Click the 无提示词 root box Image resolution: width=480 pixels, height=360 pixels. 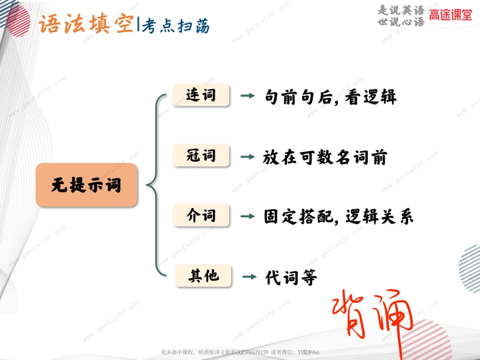86,185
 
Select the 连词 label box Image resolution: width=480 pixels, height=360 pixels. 201,95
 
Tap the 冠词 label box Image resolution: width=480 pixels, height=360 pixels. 201,156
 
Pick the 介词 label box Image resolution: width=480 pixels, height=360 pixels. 201,216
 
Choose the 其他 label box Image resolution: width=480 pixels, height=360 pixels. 203,276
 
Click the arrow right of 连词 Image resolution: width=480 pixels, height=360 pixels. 248,96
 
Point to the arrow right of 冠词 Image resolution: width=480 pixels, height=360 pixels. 248,157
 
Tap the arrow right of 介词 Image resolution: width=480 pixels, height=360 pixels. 248,217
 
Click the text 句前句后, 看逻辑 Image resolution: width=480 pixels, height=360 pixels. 331,96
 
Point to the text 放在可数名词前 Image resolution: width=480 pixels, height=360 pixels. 325,158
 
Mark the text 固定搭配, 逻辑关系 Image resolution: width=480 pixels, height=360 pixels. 339,217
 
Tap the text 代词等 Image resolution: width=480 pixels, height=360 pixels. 291,277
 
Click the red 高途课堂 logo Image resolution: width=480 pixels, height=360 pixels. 451,16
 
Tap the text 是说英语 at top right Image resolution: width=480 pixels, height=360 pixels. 401,10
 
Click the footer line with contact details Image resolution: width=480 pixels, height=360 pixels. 240,352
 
